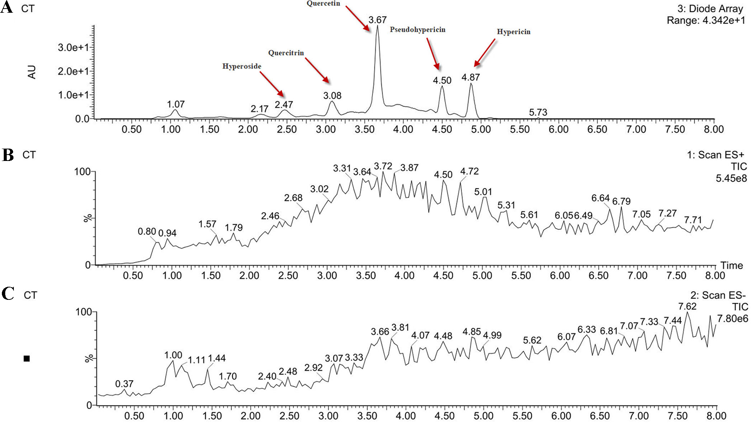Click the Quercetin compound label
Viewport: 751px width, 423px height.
pos(323,4)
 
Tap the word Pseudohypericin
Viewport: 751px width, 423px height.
pos(417,30)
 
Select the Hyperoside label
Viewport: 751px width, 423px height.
pos(241,66)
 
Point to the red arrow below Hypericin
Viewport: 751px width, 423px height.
pos(484,53)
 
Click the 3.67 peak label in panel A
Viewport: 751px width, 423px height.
pos(377,20)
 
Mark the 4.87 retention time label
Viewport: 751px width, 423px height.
pos(470,77)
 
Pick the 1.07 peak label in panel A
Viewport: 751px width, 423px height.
pos(176,104)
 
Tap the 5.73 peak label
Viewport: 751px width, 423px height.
pos(538,112)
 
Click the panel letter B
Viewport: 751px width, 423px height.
pos(7,155)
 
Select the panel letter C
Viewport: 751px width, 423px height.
pos(7,294)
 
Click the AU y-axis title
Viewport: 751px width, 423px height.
pos(32,72)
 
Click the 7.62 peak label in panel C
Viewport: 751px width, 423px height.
pos(687,307)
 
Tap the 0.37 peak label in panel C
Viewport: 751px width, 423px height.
pos(124,384)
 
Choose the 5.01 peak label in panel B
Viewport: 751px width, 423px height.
pos(483,192)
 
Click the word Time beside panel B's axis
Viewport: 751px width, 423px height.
pos(731,265)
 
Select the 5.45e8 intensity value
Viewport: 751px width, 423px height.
pos(731,179)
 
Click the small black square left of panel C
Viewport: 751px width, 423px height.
pos(27,359)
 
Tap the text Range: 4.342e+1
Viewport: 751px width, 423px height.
pos(705,21)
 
